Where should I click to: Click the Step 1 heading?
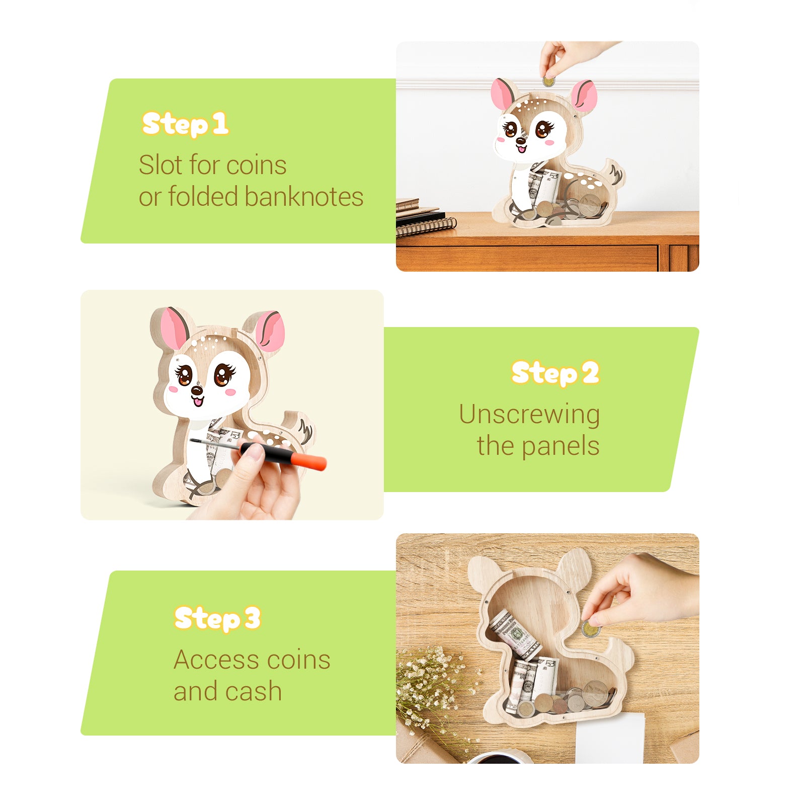(x=185, y=124)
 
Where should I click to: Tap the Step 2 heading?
(x=555, y=373)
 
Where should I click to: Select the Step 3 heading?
(x=217, y=618)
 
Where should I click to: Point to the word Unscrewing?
(x=529, y=415)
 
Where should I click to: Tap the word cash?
(x=254, y=691)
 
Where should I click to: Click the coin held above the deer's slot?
(x=548, y=82)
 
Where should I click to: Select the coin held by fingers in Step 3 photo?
(x=590, y=629)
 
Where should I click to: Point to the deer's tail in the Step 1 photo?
(x=615, y=174)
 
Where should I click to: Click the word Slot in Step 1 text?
(x=156, y=165)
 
